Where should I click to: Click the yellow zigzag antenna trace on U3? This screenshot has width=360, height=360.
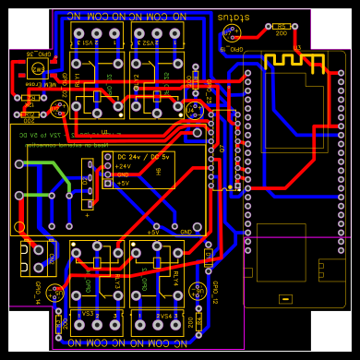click(294, 62)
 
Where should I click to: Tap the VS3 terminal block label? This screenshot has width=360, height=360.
click(89, 315)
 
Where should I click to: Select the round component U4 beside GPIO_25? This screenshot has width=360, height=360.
click(196, 110)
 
